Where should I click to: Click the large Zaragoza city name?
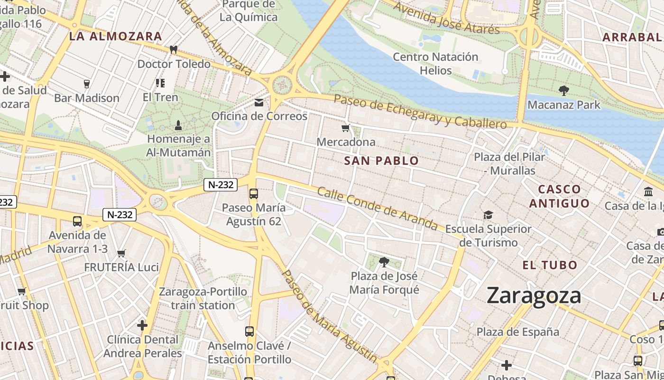[x=534, y=295]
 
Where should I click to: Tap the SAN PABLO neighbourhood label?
[x=381, y=161]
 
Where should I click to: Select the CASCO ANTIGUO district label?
[x=560, y=196]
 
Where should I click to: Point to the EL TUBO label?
[x=550, y=265]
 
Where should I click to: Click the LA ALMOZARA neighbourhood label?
[x=115, y=36]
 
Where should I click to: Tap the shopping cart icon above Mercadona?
[x=346, y=128]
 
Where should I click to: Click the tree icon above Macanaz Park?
[x=564, y=90]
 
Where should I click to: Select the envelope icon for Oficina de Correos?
[x=259, y=102]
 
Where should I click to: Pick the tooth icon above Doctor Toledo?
[x=174, y=49]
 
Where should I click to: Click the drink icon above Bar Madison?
[x=86, y=84]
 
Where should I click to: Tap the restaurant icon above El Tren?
[x=160, y=83]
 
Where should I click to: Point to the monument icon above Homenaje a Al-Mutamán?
[x=178, y=125]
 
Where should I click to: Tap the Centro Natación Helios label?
[x=435, y=64]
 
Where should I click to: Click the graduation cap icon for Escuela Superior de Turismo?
[x=488, y=215]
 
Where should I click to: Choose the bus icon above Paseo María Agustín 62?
[x=254, y=193]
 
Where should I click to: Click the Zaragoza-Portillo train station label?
[x=203, y=298]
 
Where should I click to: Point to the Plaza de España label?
[x=518, y=332]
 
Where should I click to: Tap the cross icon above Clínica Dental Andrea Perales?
[x=142, y=325]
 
